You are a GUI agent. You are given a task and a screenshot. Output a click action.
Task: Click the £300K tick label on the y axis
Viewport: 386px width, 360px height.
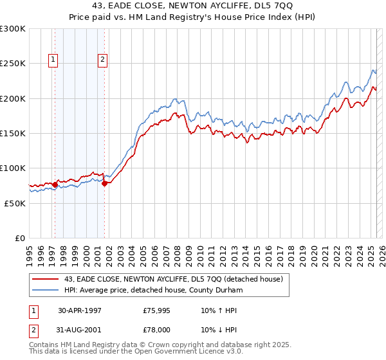(x=13, y=29)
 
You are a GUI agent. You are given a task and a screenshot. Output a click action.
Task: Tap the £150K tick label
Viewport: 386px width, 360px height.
(x=13, y=134)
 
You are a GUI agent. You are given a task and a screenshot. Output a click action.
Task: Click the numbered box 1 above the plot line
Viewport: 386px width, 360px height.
(x=53, y=60)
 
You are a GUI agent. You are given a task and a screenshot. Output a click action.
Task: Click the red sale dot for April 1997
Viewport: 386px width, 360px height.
(x=55, y=185)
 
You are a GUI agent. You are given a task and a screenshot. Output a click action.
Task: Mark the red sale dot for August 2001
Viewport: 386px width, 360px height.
(x=104, y=184)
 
